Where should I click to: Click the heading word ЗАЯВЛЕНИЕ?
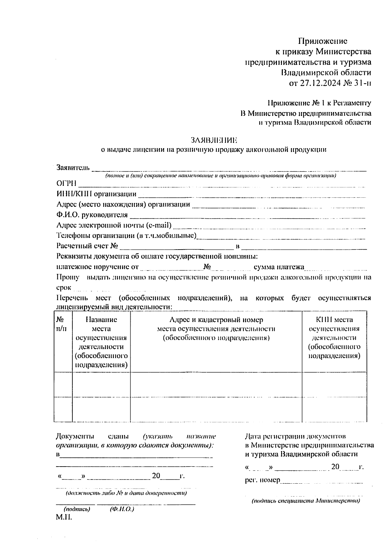coord(214,140)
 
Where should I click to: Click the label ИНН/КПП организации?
coord(96,194)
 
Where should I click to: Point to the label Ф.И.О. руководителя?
coord(92,215)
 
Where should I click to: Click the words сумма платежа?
coord(279,267)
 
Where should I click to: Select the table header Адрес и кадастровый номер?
coord(216,320)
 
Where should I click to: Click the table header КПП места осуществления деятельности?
coord(334,337)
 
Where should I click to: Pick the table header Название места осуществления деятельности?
coord(101,342)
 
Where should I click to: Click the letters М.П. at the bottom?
coord(64,517)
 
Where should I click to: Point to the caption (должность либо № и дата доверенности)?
coord(126,493)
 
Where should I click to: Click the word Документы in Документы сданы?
coord(75,436)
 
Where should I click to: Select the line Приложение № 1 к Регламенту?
coord(319,103)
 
